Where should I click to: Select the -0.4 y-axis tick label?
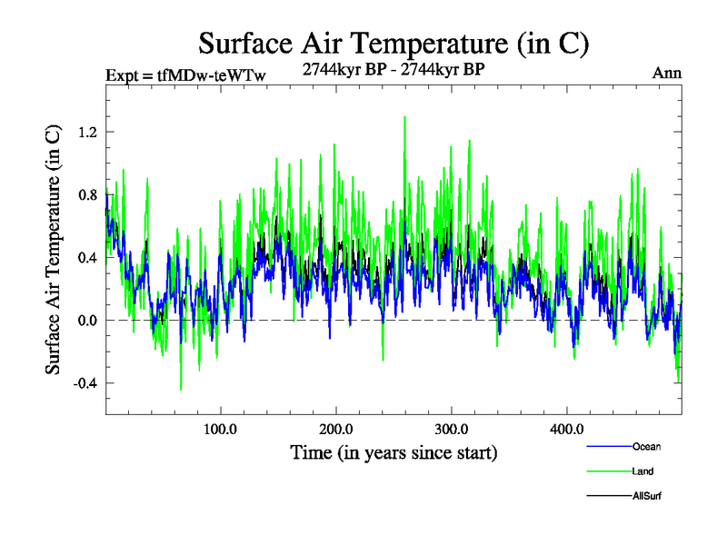pyautogui.click(x=84, y=382)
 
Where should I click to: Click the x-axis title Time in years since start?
pyautogui.click(x=393, y=451)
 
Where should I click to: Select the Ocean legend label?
pyautogui.click(x=646, y=446)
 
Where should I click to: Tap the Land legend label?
pyautogui.click(x=642, y=471)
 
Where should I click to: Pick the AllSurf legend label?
pyautogui.click(x=646, y=496)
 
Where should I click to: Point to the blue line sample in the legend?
pyautogui.click(x=609, y=447)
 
